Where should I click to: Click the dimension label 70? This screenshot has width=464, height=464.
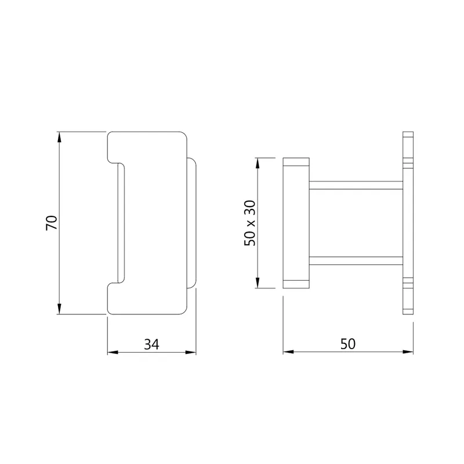[52, 223]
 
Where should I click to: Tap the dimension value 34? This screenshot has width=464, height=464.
[151, 344]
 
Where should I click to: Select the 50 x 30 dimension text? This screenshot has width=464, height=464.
[250, 223]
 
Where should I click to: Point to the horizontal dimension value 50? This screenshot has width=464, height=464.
[347, 344]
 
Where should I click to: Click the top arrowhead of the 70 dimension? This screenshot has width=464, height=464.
[59, 137]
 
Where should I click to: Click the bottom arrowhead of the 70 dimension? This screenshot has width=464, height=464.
[59, 309]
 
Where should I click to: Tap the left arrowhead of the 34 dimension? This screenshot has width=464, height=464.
[113, 352]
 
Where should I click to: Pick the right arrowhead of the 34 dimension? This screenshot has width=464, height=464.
[191, 352]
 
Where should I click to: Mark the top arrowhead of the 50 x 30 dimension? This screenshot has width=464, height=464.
[258, 164]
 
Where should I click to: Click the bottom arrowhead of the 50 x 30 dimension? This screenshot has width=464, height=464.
[258, 282]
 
